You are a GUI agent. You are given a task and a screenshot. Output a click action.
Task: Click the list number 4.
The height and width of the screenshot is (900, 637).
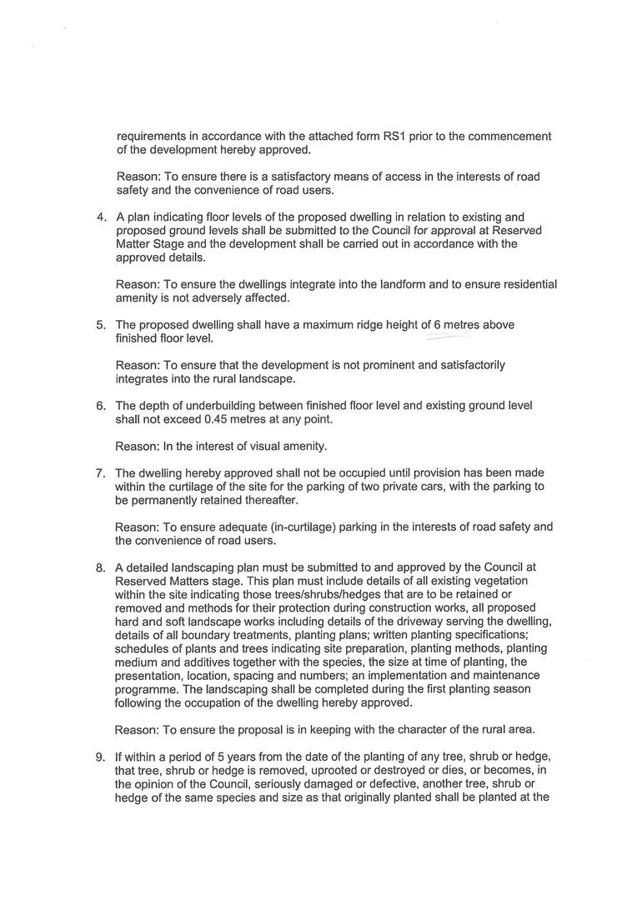(101, 217)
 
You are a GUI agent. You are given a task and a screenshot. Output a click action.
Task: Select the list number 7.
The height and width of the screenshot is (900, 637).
(101, 473)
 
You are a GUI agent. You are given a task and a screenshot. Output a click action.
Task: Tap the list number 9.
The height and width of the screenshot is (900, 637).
(101, 757)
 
